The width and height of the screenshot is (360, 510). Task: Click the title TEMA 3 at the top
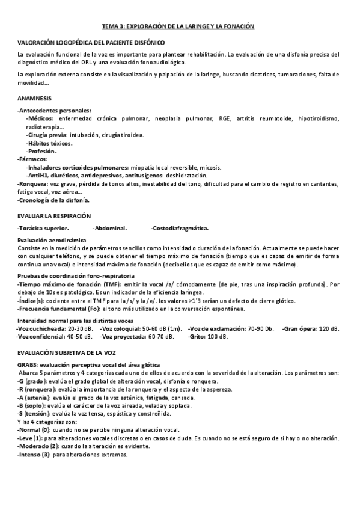click(178, 27)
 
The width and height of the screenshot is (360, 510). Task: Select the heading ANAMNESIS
click(35, 97)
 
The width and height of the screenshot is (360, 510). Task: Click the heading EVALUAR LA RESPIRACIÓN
click(54, 215)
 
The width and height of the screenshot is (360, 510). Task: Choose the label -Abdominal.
click(109, 228)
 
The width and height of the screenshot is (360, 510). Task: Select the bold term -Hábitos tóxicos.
click(49, 143)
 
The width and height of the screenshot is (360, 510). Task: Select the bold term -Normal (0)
click(34, 430)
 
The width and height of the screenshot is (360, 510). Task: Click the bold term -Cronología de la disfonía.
click(54, 200)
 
